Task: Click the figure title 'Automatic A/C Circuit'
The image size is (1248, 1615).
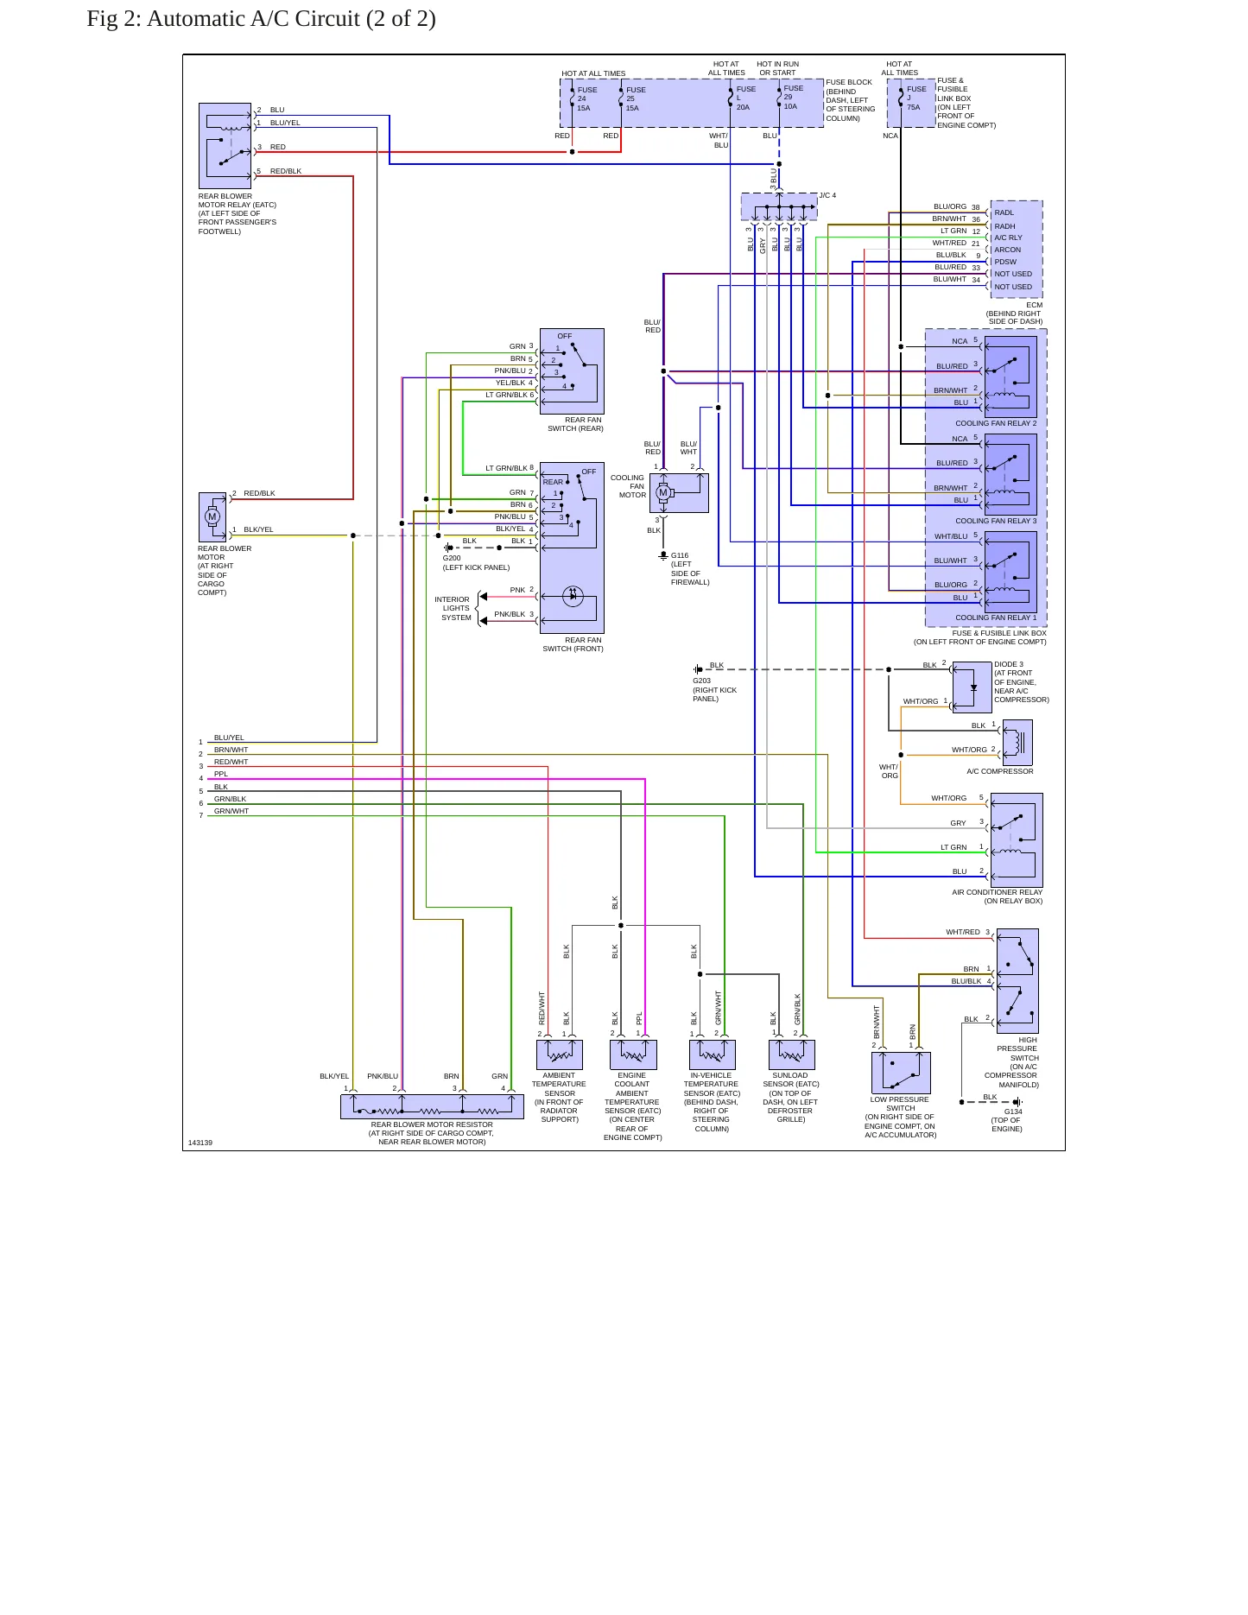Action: (x=253, y=19)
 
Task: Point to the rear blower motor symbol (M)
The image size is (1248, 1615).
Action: (x=212, y=516)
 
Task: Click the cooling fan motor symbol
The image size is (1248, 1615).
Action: (x=663, y=493)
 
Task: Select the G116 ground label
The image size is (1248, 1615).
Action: (x=680, y=555)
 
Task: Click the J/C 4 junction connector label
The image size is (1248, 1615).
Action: (x=827, y=195)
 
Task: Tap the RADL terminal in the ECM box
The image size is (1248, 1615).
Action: (x=1004, y=212)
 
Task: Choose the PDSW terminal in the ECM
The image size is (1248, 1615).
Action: (x=1005, y=262)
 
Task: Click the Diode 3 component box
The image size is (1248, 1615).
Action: (x=972, y=687)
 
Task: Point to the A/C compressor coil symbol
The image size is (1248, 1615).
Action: (x=1018, y=742)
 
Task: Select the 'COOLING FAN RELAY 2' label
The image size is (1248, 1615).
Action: (x=996, y=423)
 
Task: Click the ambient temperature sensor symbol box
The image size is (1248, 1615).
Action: (x=560, y=1054)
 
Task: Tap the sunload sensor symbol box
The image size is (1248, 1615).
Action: (x=792, y=1054)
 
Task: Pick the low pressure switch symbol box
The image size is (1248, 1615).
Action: (x=901, y=1073)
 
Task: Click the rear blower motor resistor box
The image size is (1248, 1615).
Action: (x=432, y=1106)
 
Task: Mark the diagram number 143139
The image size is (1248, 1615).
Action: (x=200, y=1143)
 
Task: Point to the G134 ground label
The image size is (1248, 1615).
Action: (x=1013, y=1111)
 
